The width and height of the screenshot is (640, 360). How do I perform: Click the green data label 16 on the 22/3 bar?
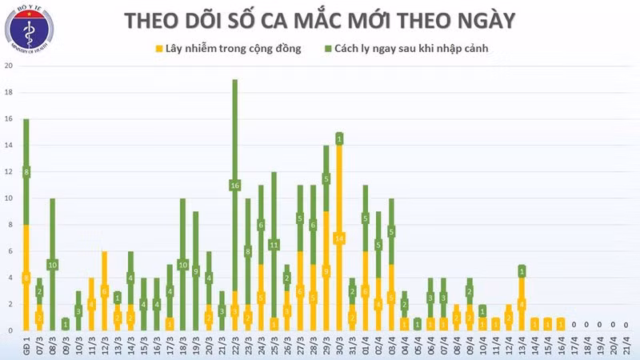(x=235, y=186)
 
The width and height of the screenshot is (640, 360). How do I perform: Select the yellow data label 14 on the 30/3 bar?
(x=339, y=238)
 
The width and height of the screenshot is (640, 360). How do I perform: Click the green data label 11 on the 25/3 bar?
(x=274, y=245)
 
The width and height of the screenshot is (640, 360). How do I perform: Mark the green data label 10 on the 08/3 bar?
(x=52, y=265)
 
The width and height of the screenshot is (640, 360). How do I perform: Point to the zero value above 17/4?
(x=574, y=324)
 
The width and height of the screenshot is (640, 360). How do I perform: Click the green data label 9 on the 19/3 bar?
(x=195, y=271)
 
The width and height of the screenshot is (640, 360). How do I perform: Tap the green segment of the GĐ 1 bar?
(x=26, y=172)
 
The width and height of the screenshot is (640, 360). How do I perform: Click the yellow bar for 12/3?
(x=104, y=291)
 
